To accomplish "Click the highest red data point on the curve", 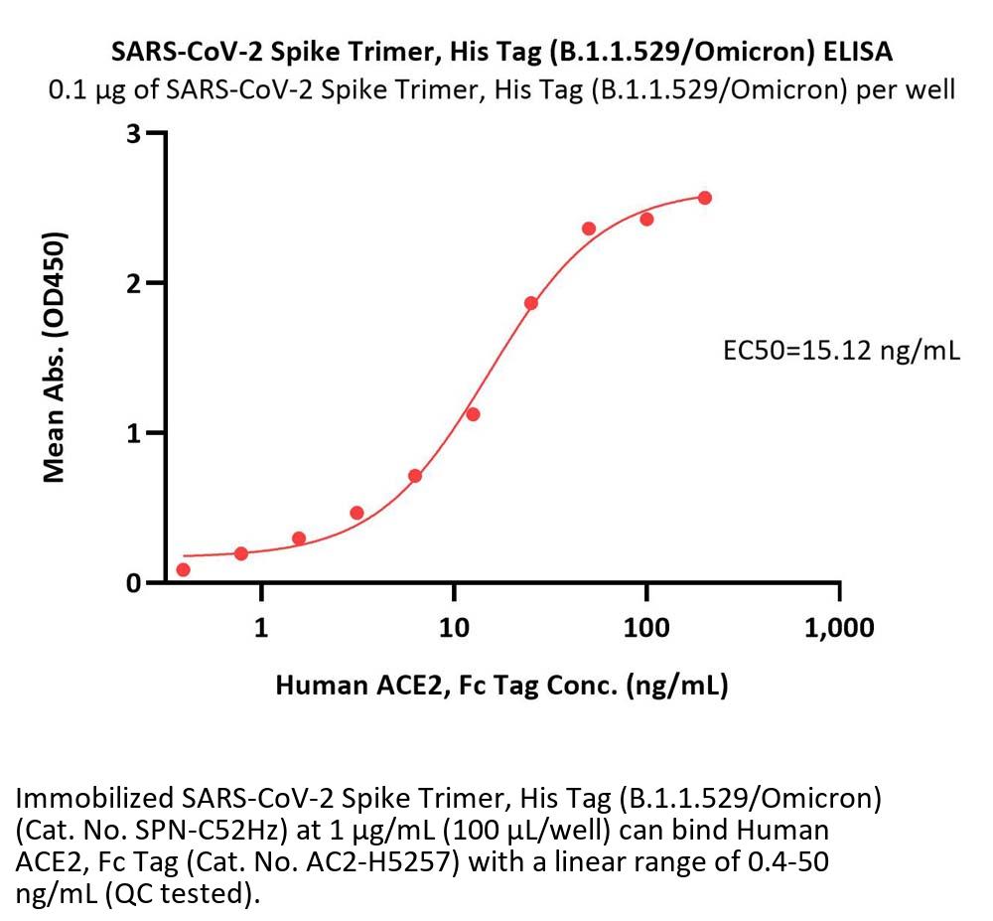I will pyautogui.click(x=705, y=198).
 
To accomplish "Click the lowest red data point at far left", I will pyautogui.click(x=183, y=569).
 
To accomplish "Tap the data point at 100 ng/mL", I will pyautogui.click(x=646, y=219).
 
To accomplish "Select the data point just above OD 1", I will pyautogui.click(x=473, y=414).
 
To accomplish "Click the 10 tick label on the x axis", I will pyautogui.click(x=453, y=628).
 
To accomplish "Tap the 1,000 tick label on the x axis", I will pyautogui.click(x=840, y=628).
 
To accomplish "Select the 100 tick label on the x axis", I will pyautogui.click(x=646, y=628).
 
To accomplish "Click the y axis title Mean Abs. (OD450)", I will pyautogui.click(x=56, y=358).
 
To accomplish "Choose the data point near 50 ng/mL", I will pyautogui.click(x=589, y=229).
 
